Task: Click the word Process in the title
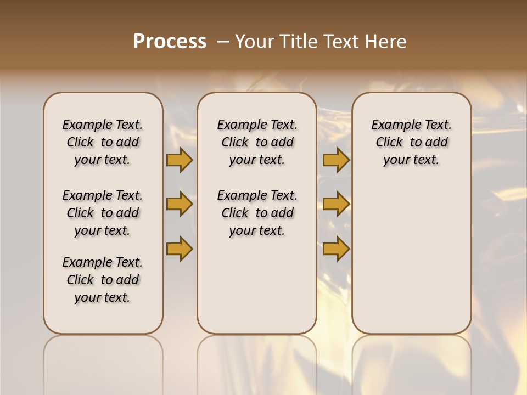(170, 42)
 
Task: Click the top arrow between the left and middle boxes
(179, 160)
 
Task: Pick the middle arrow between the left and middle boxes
(179, 205)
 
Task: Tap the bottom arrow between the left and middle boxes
(179, 249)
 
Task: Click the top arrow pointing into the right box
(336, 160)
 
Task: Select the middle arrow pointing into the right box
(336, 205)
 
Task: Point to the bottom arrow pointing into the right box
(336, 249)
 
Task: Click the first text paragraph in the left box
(103, 142)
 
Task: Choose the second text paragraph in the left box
(103, 213)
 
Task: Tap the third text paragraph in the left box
(103, 280)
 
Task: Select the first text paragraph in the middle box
(257, 142)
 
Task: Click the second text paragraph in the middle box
(257, 213)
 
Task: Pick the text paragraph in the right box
(411, 142)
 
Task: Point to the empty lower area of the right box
(411, 258)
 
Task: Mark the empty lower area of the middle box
(257, 285)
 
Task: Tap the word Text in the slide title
(340, 42)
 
